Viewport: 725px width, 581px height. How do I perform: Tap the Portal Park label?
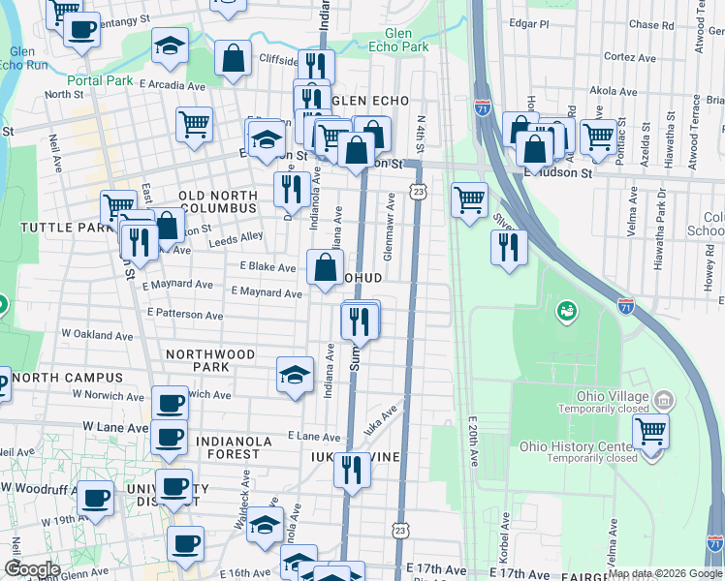click(x=100, y=80)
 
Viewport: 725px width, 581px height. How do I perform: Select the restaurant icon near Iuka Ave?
click(x=352, y=471)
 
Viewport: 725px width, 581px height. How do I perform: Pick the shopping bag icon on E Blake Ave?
click(x=325, y=267)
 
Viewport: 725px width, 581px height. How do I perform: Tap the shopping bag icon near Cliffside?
click(x=234, y=58)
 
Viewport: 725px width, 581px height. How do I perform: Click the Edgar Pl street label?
click(x=531, y=22)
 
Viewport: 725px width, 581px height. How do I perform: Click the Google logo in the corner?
click(x=33, y=569)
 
